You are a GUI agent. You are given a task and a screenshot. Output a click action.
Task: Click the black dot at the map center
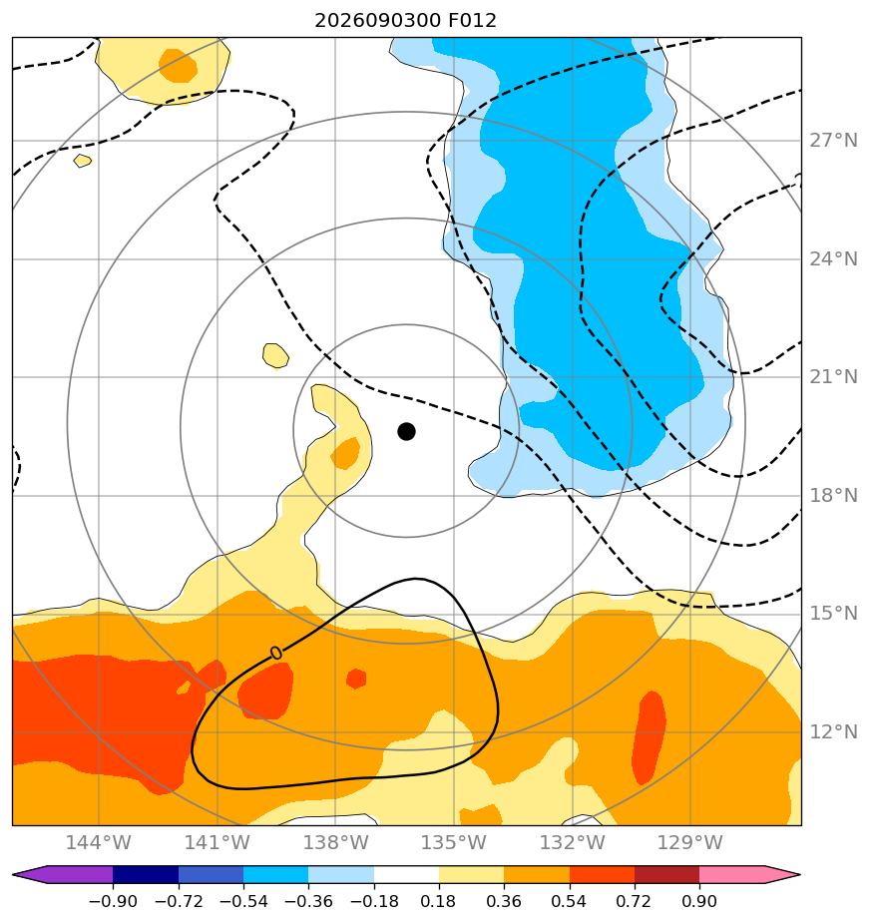pyautogui.click(x=406, y=431)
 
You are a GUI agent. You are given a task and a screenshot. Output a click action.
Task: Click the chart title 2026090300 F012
pyautogui.click(x=406, y=21)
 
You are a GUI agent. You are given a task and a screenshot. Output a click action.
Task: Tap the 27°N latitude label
pyautogui.click(x=833, y=141)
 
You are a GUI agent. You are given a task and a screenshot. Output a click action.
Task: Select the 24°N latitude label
pyautogui.click(x=833, y=258)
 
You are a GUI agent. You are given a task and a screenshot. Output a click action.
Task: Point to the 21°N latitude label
pyautogui.click(x=833, y=377)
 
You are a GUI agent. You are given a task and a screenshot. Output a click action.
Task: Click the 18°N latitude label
pyautogui.click(x=833, y=496)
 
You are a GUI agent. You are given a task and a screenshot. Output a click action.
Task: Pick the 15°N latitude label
pyautogui.click(x=833, y=614)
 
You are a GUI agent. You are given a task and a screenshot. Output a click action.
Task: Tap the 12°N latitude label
pyautogui.click(x=833, y=732)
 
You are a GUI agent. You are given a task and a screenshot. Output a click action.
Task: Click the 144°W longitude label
pyautogui.click(x=98, y=842)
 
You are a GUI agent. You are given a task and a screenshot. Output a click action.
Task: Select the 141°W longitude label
pyautogui.click(x=218, y=842)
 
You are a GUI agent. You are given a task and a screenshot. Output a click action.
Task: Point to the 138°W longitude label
pyautogui.click(x=335, y=842)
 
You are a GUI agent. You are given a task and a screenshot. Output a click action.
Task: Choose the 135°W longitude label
pyautogui.click(x=453, y=842)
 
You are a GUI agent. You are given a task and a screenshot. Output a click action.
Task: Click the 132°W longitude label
pyautogui.click(x=573, y=842)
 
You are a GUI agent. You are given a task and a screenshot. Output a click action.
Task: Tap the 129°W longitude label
pyautogui.click(x=689, y=842)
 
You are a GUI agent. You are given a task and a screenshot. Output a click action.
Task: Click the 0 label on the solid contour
pyautogui.click(x=275, y=653)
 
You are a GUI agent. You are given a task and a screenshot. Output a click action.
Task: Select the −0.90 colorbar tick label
pyautogui.click(x=113, y=901)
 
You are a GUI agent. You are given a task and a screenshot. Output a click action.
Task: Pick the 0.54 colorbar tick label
pyautogui.click(x=569, y=901)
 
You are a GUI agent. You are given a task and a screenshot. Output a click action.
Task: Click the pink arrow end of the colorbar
pyautogui.click(x=780, y=874)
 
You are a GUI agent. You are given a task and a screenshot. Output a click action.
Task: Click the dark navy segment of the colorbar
pyautogui.click(x=146, y=874)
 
